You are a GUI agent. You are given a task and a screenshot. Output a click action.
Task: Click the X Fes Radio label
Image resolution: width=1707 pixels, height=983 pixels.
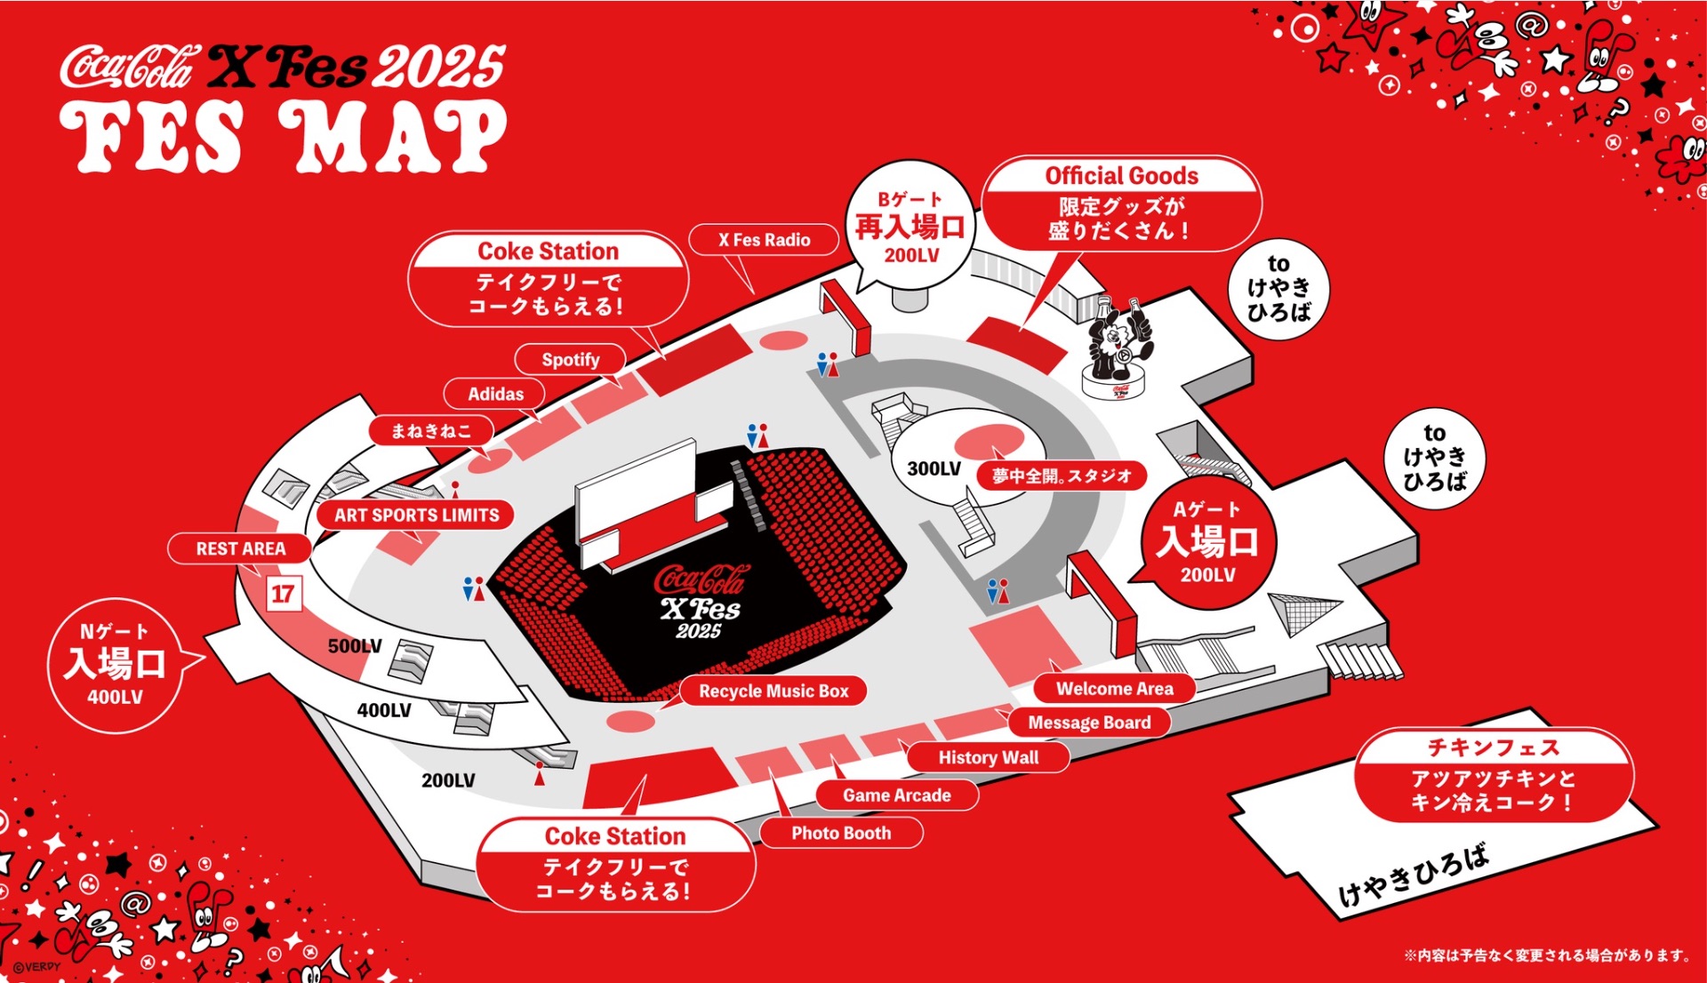[764, 240]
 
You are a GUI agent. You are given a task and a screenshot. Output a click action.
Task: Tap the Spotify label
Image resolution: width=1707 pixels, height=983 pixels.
[571, 360]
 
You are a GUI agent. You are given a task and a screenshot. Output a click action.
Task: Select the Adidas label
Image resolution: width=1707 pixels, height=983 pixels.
[495, 394]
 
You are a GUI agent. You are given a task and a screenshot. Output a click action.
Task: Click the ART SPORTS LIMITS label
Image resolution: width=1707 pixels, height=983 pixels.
[416, 515]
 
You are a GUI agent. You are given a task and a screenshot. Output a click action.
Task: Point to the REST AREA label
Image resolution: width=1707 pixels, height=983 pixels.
[240, 548]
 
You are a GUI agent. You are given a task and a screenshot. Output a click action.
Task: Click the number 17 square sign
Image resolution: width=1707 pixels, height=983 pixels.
[284, 594]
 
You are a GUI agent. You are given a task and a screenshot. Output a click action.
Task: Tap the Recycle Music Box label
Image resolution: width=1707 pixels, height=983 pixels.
[773, 691]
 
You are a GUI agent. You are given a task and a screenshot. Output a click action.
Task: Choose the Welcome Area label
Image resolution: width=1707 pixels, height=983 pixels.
[1114, 689]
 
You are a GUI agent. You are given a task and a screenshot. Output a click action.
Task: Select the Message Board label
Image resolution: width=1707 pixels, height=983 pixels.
[1089, 723]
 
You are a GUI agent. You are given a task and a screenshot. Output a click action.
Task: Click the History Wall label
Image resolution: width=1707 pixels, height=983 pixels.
[988, 757]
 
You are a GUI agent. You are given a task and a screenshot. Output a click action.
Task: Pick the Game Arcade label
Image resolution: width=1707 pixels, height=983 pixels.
[896, 795]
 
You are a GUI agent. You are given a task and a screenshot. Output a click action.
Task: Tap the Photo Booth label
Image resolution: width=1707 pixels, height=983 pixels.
[840, 833]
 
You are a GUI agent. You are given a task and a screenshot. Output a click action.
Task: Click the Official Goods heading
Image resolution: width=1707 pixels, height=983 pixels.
[1121, 176]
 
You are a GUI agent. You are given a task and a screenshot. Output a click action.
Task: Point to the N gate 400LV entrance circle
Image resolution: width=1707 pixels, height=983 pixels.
[115, 665]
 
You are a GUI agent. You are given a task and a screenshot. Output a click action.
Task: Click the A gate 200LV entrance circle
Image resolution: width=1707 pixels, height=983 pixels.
[1206, 542]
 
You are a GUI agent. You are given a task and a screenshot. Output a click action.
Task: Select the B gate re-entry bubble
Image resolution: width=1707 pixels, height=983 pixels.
[910, 228]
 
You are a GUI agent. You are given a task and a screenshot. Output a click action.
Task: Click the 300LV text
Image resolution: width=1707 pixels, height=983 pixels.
[934, 468]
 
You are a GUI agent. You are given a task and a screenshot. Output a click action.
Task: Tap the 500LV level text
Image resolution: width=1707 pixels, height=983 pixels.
[355, 646]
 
